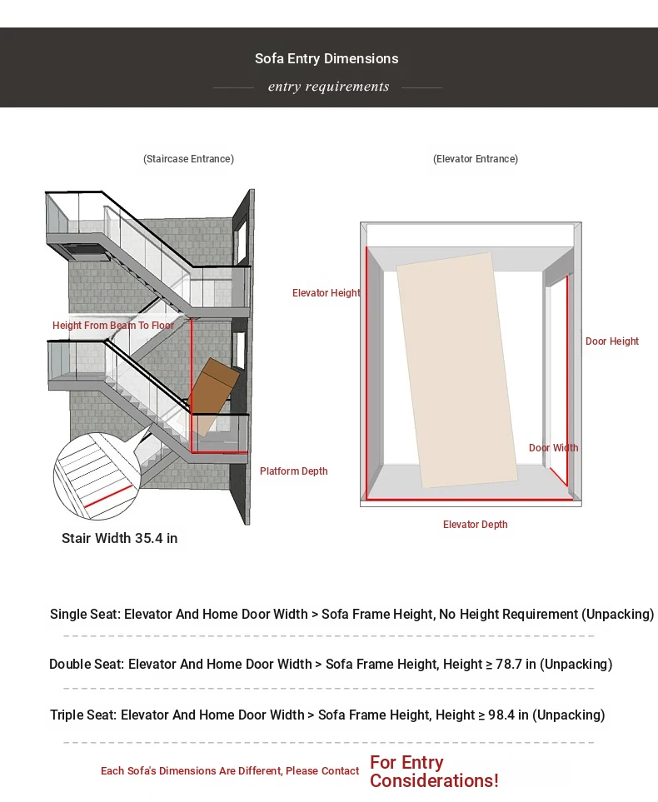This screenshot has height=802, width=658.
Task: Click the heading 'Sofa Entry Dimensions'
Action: click(327, 58)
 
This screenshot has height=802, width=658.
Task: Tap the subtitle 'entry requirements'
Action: click(328, 87)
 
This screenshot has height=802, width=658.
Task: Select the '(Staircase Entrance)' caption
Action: click(188, 158)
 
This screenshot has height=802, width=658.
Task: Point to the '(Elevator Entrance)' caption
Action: click(475, 158)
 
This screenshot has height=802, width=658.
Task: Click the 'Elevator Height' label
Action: click(326, 293)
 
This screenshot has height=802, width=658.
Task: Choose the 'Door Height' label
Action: click(611, 341)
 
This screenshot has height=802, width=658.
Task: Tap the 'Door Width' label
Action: click(553, 448)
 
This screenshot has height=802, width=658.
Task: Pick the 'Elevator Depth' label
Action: click(475, 525)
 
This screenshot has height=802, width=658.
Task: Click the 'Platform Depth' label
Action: click(293, 471)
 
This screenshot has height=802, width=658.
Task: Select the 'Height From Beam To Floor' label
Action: click(113, 326)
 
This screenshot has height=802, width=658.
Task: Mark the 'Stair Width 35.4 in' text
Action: click(119, 538)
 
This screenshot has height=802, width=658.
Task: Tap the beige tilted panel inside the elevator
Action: click(456, 371)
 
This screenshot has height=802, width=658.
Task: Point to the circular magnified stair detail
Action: click(93, 476)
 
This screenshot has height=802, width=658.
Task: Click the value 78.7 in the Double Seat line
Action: click(511, 665)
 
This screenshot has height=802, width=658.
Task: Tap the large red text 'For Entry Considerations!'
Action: click(434, 772)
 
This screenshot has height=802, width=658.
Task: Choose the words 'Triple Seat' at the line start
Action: click(82, 715)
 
